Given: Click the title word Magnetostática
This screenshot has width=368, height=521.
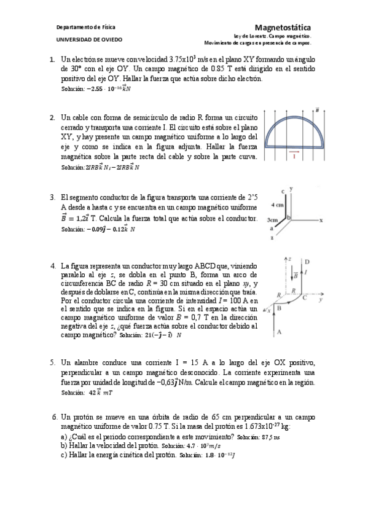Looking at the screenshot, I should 282,27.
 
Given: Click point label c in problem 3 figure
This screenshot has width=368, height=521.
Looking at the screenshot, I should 281,191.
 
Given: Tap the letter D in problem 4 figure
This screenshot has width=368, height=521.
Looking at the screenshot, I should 306,261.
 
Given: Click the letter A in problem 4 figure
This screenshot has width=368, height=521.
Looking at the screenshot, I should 280,332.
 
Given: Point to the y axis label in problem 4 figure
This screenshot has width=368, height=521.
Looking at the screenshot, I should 321,301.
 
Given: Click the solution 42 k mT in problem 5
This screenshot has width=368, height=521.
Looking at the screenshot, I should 98,391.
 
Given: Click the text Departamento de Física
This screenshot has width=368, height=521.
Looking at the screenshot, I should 85,28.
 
